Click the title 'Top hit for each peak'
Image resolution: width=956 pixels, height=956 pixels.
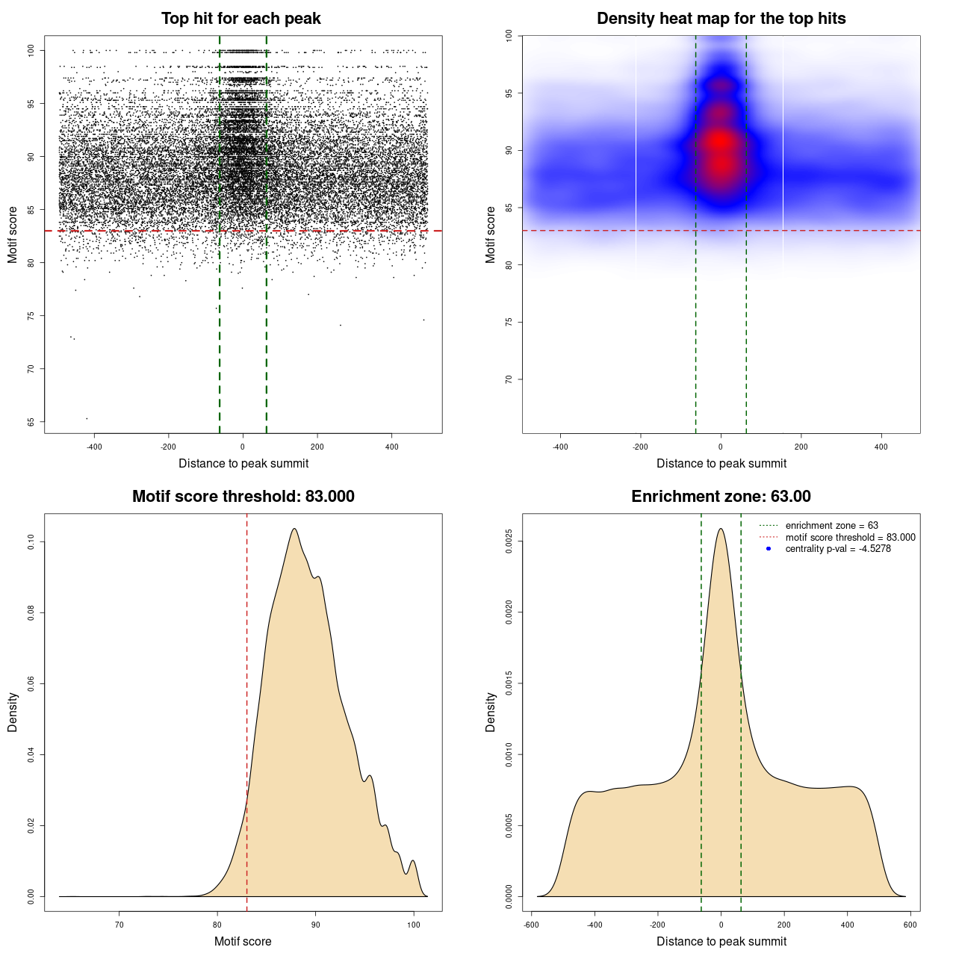[x=241, y=19]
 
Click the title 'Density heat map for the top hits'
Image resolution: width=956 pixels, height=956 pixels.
[x=721, y=19]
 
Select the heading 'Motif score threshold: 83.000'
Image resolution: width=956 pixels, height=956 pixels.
[x=243, y=497]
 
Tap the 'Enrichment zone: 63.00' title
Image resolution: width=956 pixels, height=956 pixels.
[x=721, y=497]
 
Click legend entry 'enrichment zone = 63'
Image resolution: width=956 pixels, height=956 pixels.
[x=831, y=526]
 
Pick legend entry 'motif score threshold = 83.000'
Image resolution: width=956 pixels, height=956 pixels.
[x=850, y=538]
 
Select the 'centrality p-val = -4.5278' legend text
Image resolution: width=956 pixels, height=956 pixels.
[x=838, y=549]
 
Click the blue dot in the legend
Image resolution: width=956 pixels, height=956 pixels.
[x=769, y=549]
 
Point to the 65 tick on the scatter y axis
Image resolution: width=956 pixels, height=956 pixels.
[x=31, y=422]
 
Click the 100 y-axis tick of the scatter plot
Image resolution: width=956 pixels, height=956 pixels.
[x=31, y=50]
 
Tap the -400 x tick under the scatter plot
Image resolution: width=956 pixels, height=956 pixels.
[x=94, y=447]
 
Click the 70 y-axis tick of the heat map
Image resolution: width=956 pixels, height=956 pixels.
[x=509, y=379]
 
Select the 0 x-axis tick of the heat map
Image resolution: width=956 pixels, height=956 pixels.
[x=721, y=447]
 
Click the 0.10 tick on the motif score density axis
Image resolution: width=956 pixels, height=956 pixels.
[x=31, y=541]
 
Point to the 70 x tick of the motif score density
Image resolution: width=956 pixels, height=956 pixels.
[x=119, y=925]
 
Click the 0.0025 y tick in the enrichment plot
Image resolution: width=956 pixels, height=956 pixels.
[x=509, y=541]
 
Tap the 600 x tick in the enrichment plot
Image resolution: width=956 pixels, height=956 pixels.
[x=910, y=925]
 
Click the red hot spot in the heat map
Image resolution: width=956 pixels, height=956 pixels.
[x=720, y=142]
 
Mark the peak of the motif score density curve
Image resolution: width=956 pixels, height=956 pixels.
[x=295, y=529]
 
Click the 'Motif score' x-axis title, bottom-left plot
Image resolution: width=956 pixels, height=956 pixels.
[x=243, y=941]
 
